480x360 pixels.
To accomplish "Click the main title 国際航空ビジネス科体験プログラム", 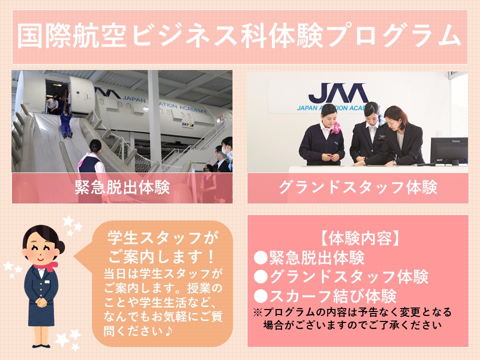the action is point(239,36).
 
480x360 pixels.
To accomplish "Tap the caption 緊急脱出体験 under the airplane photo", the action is point(122,187).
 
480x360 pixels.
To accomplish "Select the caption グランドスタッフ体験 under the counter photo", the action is point(358,187).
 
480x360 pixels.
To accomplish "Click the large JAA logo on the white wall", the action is point(338,93).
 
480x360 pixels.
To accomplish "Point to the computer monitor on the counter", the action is point(449,151).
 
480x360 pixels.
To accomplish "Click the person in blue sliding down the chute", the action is point(66,124).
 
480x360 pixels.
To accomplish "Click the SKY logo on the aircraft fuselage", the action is point(187,124).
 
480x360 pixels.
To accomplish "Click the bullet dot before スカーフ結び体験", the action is point(261,296).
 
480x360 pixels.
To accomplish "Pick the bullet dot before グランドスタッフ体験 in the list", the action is point(261,276).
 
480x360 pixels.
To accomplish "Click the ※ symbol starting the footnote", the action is point(258,312).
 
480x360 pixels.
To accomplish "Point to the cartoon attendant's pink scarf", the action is point(46,266).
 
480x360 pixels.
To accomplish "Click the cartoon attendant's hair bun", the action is point(61,246).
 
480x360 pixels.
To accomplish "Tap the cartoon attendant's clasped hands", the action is point(41,302).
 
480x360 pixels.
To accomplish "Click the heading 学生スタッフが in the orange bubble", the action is point(163,238).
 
